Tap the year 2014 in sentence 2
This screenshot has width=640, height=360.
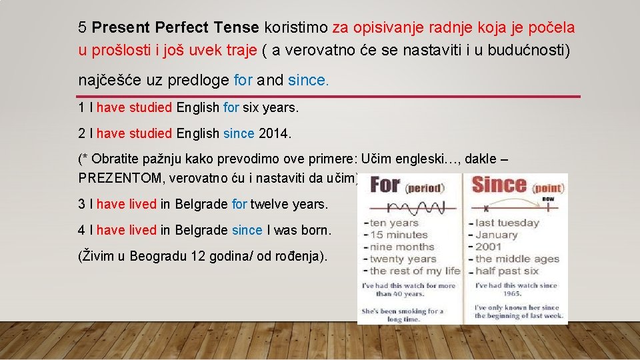[274, 133]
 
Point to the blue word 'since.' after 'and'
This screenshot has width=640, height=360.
[309, 81]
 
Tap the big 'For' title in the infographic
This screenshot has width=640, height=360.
[385, 185]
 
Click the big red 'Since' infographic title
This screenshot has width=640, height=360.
[498, 183]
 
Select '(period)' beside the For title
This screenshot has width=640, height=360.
[425, 188]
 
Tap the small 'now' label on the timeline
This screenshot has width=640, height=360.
[549, 199]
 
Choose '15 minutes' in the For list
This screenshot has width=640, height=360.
[399, 235]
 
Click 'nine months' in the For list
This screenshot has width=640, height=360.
[403, 247]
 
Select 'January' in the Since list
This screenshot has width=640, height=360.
[496, 235]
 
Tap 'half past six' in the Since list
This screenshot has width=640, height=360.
[507, 271]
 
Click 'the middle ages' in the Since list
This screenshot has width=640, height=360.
[512, 259]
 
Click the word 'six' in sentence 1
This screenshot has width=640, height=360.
[251, 107]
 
